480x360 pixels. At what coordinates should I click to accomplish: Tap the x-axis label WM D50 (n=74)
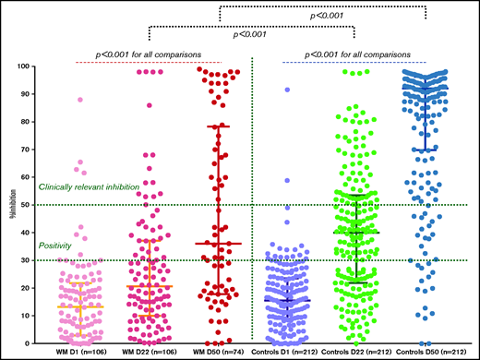(217, 352)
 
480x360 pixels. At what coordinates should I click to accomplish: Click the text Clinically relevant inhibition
(89, 187)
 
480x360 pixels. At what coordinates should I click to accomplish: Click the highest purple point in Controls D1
(287, 90)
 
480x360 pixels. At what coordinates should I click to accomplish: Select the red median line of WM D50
(218, 244)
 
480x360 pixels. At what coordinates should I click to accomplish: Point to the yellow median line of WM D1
(79, 306)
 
